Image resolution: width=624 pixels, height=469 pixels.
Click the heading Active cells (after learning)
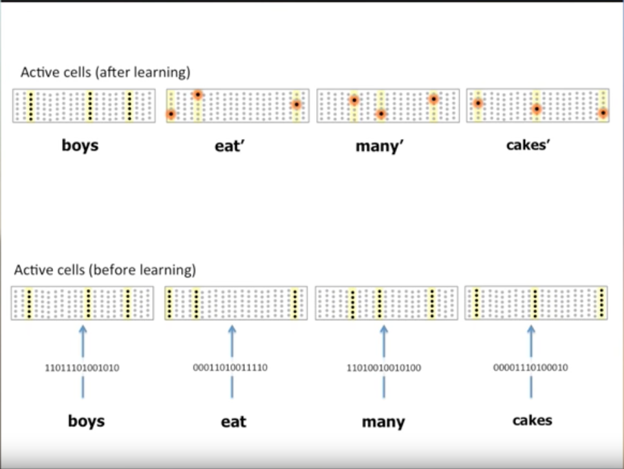point(105,72)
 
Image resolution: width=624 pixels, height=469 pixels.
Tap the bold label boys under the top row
point(80,145)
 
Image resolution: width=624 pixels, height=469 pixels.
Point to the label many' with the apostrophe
point(380,146)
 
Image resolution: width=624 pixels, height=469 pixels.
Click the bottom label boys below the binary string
point(86,422)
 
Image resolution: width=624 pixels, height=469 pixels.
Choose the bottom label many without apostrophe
point(383,422)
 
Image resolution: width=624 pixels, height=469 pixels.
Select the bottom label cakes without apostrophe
point(532,420)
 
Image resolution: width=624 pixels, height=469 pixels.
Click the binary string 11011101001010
point(81,369)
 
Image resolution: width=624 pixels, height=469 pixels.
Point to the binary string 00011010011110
point(230,368)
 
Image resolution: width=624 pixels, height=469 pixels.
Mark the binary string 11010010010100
point(383,369)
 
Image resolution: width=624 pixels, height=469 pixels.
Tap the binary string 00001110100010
point(531,368)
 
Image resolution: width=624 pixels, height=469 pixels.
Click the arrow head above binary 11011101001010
point(83,330)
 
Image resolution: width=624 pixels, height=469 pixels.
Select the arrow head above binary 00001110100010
point(532,330)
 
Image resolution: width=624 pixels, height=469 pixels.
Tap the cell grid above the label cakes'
point(537,105)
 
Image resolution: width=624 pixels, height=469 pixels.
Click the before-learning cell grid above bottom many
point(386,303)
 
